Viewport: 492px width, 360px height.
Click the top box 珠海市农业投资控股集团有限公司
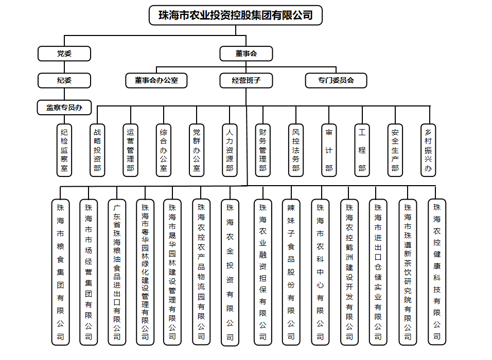pyautogui.click(x=236, y=15)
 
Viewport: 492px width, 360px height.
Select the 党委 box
pyautogui.click(x=64, y=53)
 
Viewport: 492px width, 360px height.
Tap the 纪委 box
pyautogui.click(x=64, y=80)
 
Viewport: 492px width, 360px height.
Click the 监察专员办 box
pyautogui.click(x=64, y=107)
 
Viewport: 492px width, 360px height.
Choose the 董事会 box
pyautogui.click(x=246, y=53)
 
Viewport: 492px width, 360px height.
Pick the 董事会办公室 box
pyautogui.click(x=156, y=80)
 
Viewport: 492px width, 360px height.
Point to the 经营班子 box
pyautogui.click(x=246, y=80)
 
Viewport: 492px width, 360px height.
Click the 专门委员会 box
pyautogui.click(x=336, y=80)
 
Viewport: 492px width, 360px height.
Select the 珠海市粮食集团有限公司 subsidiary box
pyautogui.click(x=60, y=272)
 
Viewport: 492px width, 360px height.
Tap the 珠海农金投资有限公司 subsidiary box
pyautogui.click(x=230, y=272)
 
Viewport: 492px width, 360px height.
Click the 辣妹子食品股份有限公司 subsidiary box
pyautogui.click(x=291, y=272)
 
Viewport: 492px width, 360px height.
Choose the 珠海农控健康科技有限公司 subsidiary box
pyautogui.click(x=437, y=272)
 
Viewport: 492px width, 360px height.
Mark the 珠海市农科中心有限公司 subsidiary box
pyautogui.click(x=320, y=272)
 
